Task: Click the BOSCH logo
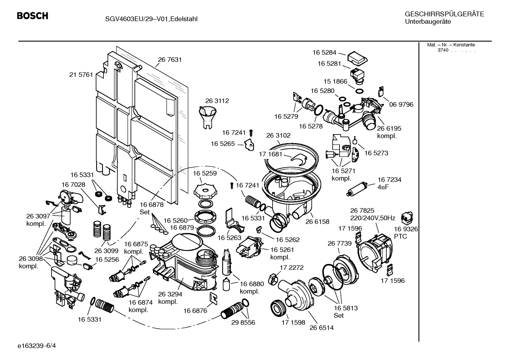pos(32,16)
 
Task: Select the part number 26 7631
pos(170,60)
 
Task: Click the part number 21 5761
pos(81,75)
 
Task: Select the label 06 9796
pos(401,105)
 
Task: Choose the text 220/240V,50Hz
pos(372,218)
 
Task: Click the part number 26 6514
pos(321,327)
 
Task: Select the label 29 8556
pos(243,323)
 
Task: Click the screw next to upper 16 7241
pos(251,133)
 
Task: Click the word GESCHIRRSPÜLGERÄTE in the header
pos(444,14)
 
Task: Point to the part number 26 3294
pos(170,294)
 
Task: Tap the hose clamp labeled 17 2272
pos(273,278)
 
